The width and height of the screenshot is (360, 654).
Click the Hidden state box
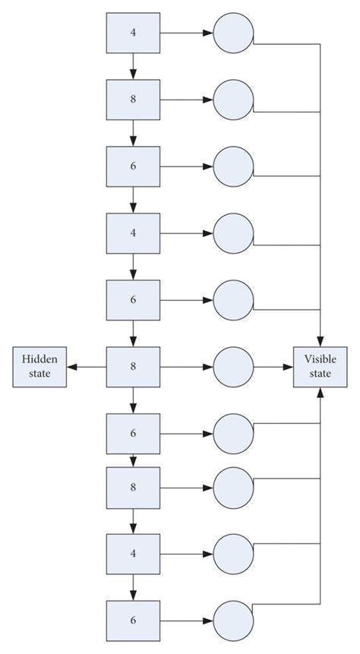coord(39,365)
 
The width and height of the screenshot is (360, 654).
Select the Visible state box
coord(320,365)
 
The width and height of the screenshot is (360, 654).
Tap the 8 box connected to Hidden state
coord(133,365)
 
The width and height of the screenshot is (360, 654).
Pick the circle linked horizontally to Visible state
coord(233,365)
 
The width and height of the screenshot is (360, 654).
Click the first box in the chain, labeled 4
coord(133,33)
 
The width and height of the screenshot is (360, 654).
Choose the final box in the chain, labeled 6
coord(133,620)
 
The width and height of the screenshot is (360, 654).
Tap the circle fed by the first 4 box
coord(233,33)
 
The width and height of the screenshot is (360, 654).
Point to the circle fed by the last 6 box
coord(233,620)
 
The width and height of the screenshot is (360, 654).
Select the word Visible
coord(320,359)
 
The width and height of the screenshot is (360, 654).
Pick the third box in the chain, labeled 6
coord(133,166)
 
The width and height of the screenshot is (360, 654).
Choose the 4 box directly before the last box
coord(133,553)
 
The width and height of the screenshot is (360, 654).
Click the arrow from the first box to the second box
coord(133,66)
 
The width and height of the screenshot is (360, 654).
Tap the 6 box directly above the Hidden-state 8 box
coord(133,299)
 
